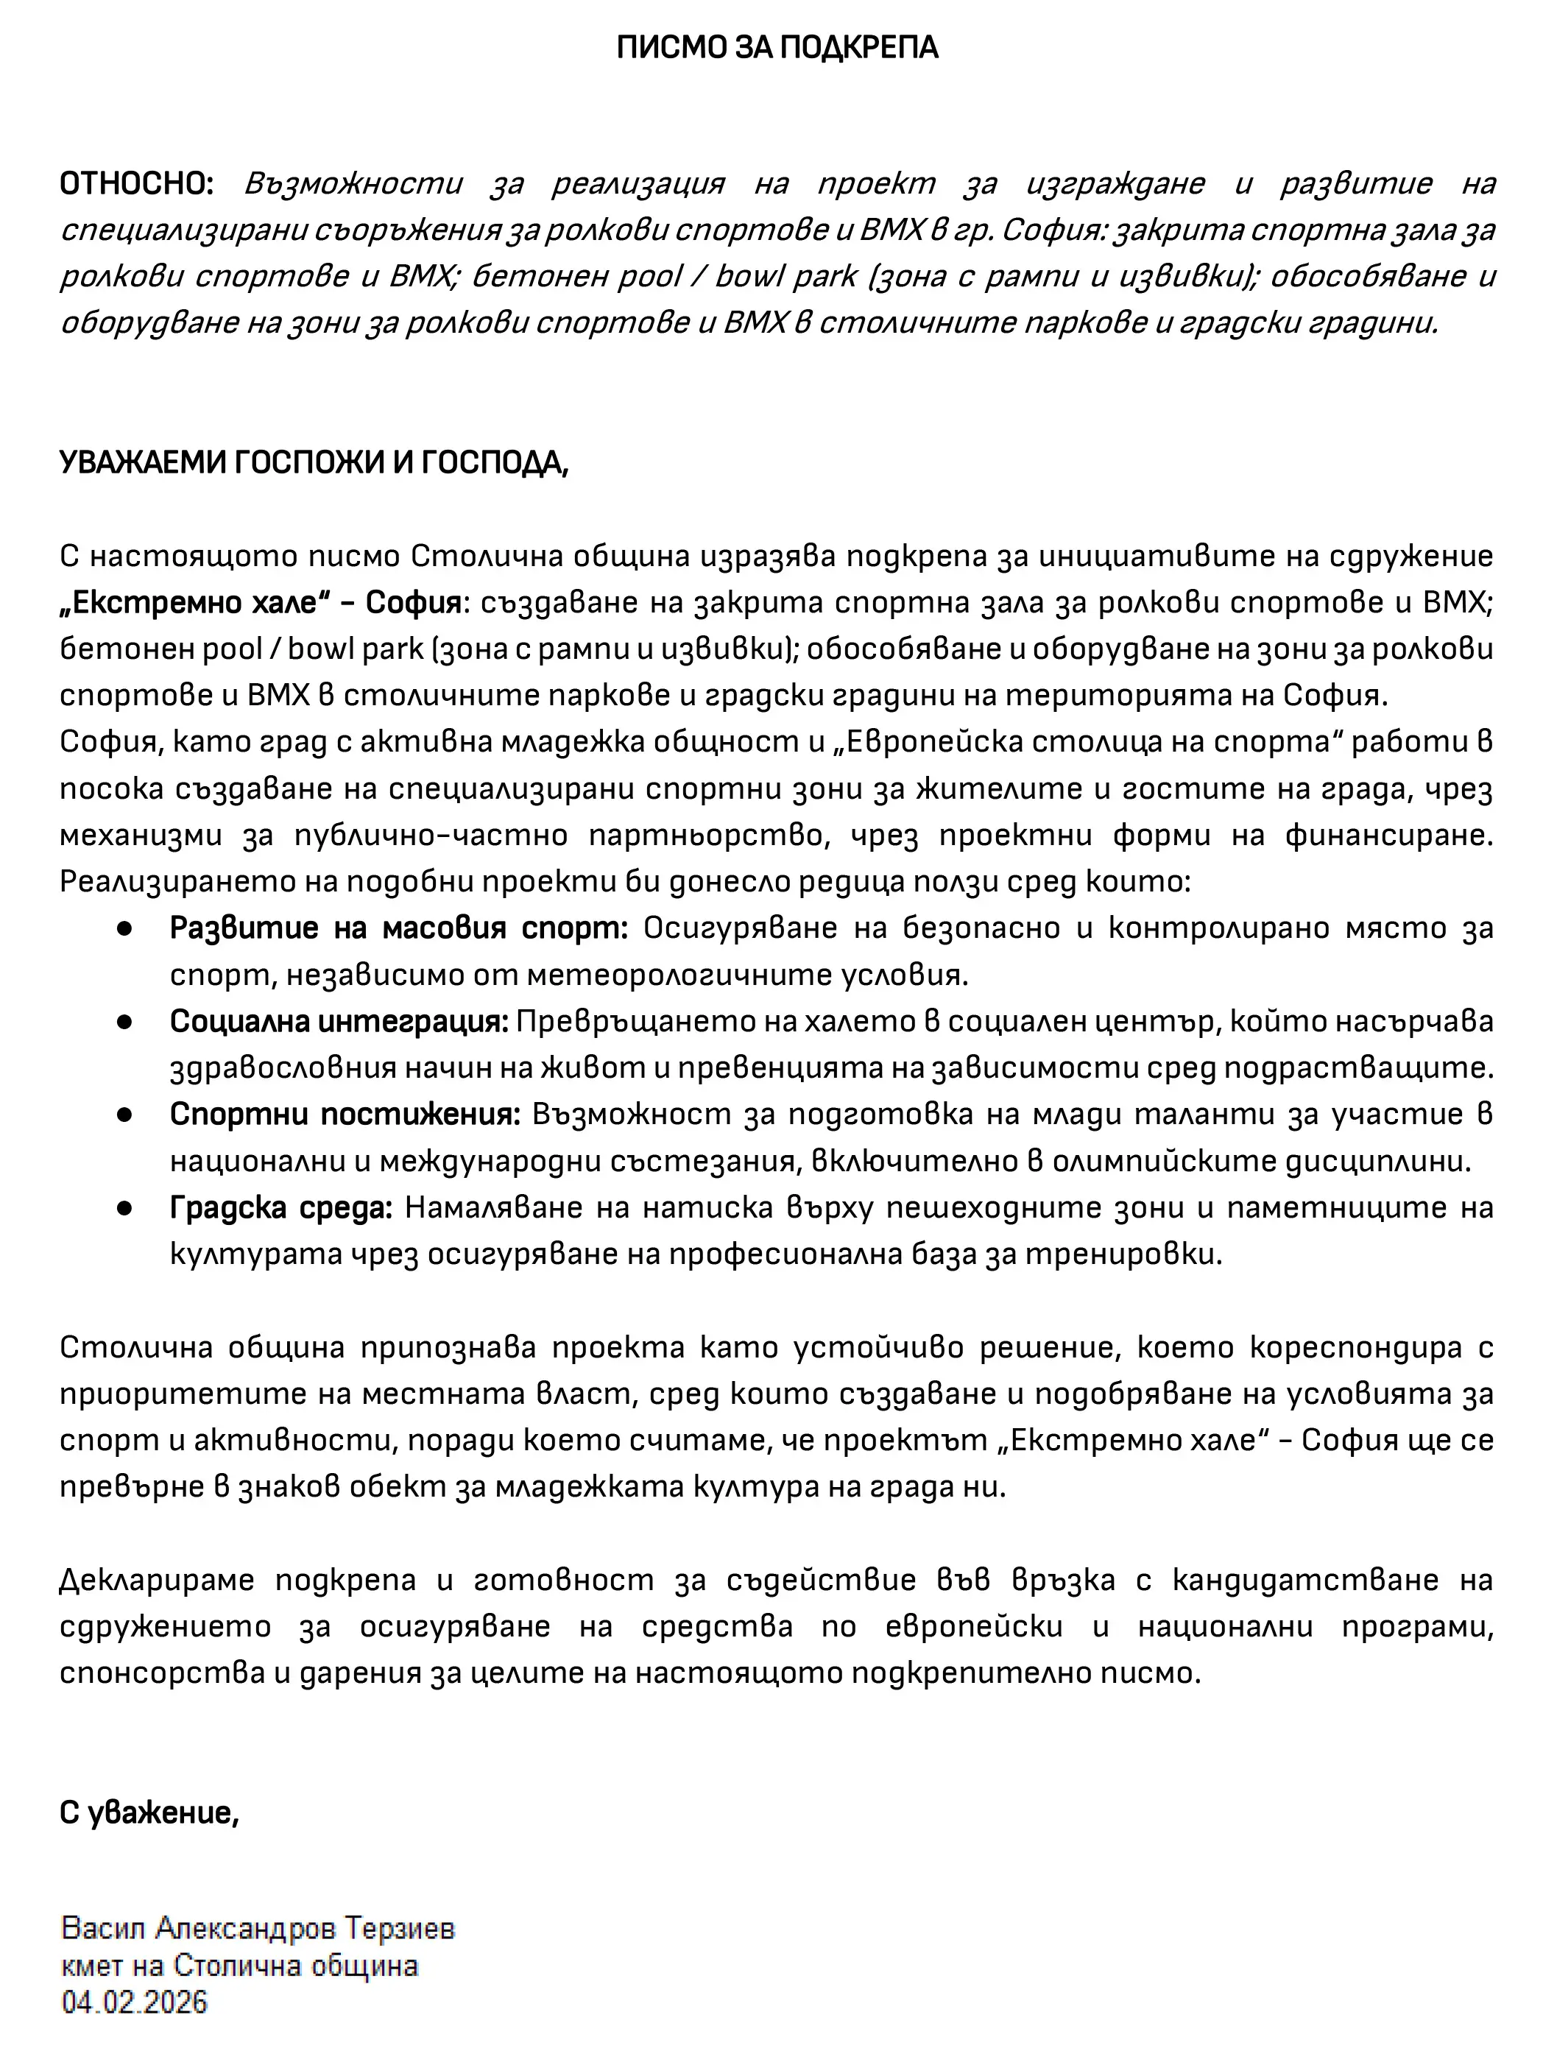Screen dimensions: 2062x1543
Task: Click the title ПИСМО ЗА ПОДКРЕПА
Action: pos(777,48)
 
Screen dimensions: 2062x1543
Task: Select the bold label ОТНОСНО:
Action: pos(136,183)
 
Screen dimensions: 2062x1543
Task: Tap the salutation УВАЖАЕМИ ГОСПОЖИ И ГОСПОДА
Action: pos(314,462)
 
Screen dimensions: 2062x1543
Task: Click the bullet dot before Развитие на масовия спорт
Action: pos(124,928)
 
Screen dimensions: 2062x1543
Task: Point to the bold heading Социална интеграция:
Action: pos(339,1022)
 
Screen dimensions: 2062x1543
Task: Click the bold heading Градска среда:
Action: pos(280,1208)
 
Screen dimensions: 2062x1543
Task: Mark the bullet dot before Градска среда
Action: pos(124,1208)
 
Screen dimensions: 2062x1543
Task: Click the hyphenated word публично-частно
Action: pos(430,836)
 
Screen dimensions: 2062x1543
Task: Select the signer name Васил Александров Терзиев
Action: pos(258,1928)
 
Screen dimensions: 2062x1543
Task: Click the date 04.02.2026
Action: pos(134,2002)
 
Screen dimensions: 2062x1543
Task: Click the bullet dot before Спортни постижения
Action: pos(124,1115)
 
